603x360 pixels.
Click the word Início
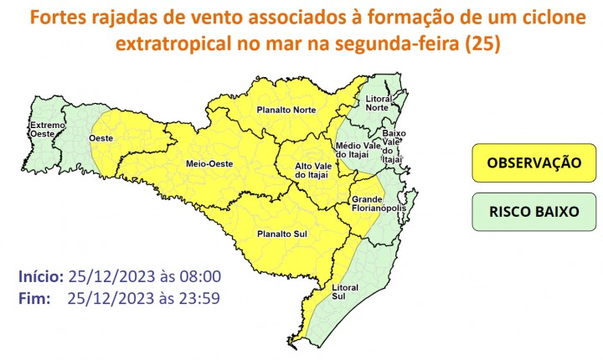tap(40, 276)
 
